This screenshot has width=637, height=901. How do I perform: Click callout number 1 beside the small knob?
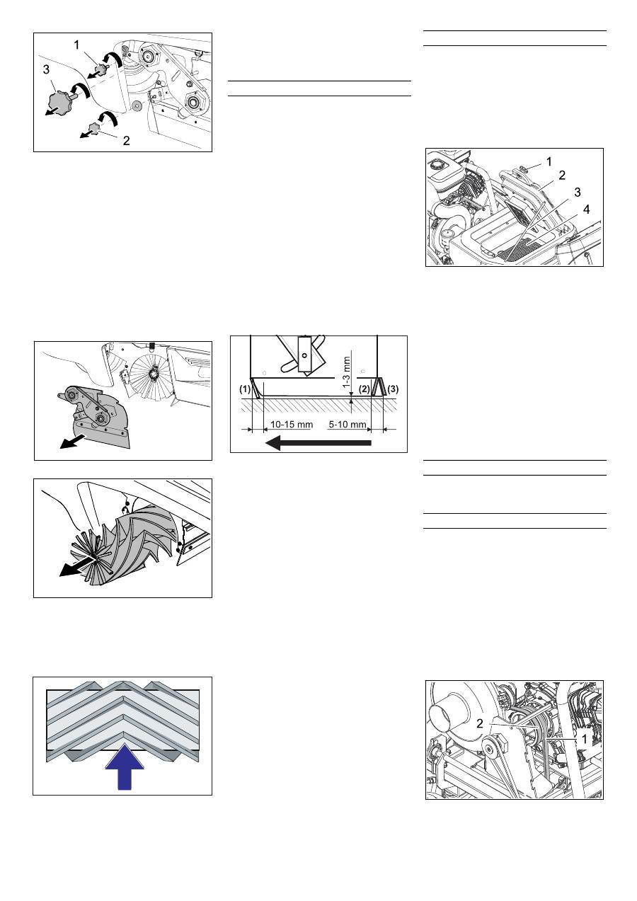click(76, 45)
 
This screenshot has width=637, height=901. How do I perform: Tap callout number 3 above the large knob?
click(46, 69)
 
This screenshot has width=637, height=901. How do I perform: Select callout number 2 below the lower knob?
click(126, 141)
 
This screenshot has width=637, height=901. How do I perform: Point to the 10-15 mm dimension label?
click(291, 425)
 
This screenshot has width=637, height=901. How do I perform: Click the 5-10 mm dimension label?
click(348, 425)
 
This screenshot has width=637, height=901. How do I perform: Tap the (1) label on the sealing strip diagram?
click(244, 389)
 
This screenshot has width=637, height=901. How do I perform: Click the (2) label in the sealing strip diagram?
click(364, 389)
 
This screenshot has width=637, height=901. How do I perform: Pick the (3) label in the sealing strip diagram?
click(393, 389)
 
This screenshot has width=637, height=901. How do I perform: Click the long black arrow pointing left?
click(318, 443)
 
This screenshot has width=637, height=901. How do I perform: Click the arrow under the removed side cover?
click(72, 441)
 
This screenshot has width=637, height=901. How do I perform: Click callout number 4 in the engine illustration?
click(586, 210)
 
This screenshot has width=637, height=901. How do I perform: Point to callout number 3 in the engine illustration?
click(578, 193)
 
